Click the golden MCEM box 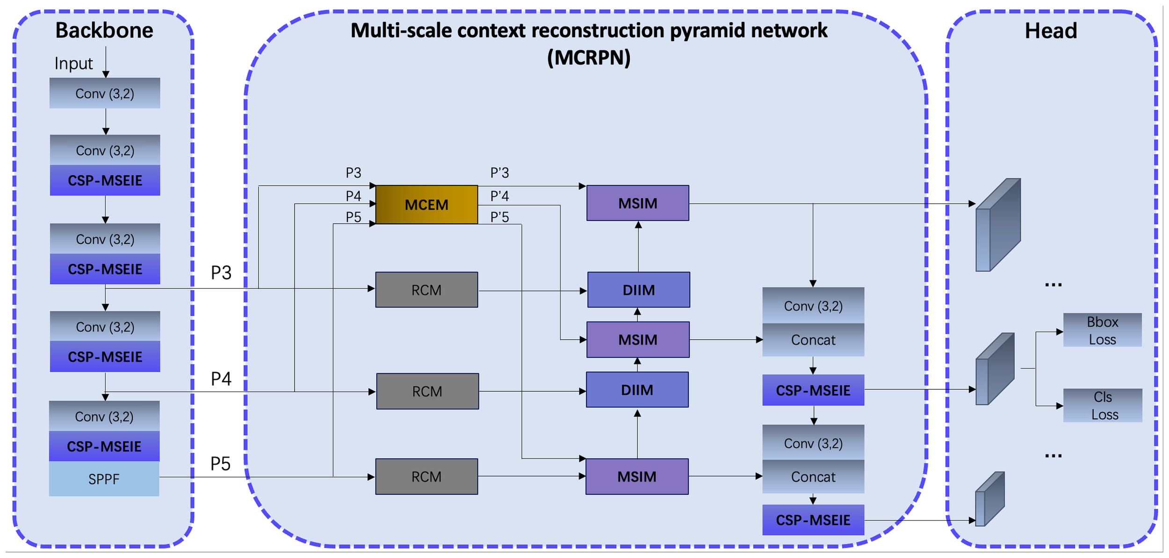click(426, 205)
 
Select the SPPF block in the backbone click(104, 479)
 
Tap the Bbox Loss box click(1102, 330)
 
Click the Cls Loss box click(1102, 405)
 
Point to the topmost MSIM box click(637, 203)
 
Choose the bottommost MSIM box click(636, 477)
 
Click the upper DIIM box click(638, 290)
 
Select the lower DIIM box click(637, 390)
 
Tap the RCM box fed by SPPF click(426, 477)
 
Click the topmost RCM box click(426, 290)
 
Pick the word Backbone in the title click(104, 30)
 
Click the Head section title click(1050, 31)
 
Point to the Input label click(73, 64)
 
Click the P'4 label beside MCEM click(499, 196)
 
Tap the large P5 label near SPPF click(220, 464)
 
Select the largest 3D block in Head click(997, 224)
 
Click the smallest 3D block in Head click(989, 499)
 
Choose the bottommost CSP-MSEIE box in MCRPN click(813, 520)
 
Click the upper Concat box click(813, 340)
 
